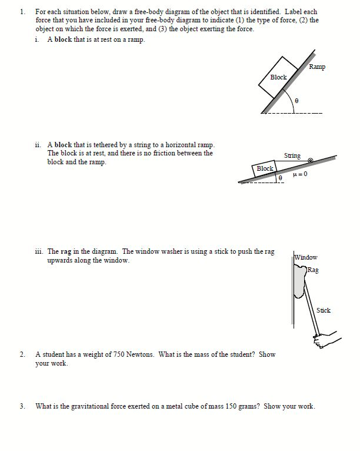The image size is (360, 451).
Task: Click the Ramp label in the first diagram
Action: click(316, 67)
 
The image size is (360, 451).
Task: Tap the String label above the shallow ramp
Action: click(292, 155)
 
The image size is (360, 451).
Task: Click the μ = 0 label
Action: click(300, 174)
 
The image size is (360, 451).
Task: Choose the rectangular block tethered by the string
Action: click(265, 169)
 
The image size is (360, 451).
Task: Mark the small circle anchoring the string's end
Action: click(311, 160)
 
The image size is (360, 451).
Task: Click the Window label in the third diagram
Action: click(306, 257)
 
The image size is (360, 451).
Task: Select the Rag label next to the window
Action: click(314, 270)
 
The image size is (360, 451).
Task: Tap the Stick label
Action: click(323, 310)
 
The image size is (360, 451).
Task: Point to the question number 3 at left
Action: click(22, 406)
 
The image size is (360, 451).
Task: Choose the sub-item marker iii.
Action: click(39, 251)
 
